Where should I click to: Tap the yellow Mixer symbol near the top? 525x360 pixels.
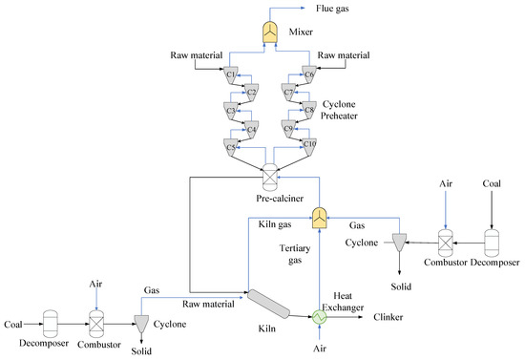coord(269,31)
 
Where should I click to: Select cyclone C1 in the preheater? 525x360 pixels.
coord(232,74)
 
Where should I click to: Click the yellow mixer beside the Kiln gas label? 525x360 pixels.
coord(321,219)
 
